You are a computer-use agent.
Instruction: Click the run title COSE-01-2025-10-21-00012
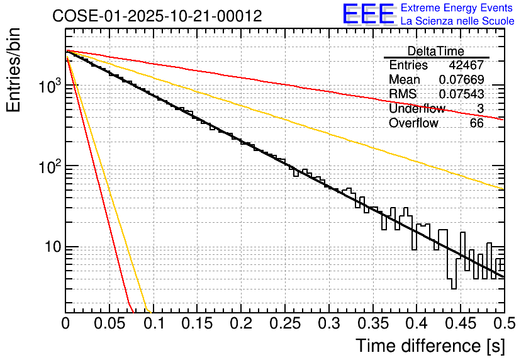click(x=157, y=16)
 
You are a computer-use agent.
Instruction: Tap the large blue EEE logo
click(x=369, y=14)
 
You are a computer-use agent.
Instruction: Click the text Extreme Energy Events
click(x=457, y=8)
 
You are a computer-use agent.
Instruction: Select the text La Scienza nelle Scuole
click(x=457, y=21)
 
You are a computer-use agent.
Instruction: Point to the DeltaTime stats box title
click(x=436, y=51)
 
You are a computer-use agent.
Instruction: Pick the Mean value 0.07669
click(x=461, y=80)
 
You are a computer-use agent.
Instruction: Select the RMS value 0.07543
click(x=461, y=94)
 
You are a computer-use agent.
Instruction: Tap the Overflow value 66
click(x=476, y=123)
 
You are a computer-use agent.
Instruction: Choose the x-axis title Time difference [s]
click(x=430, y=346)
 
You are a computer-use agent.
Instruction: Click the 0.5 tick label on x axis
click(x=505, y=324)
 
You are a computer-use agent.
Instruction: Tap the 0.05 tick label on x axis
click(x=109, y=324)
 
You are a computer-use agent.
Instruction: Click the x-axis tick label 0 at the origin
click(x=66, y=324)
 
